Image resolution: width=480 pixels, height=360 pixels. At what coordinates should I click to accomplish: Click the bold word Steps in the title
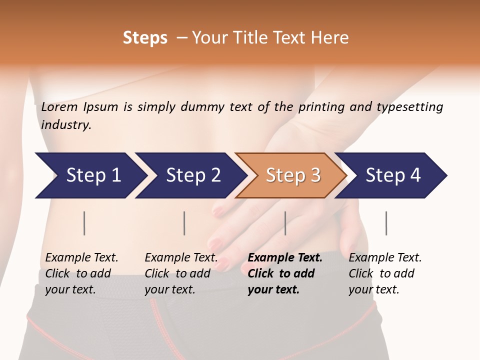145,38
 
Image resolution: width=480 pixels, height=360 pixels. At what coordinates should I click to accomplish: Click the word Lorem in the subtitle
59,106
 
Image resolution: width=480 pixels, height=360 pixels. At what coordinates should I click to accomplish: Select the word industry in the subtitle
66,125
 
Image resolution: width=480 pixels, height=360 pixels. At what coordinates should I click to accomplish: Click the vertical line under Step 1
84,223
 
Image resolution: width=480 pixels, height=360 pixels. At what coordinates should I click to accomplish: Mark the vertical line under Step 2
184,223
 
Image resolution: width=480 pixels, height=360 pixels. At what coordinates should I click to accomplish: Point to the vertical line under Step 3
285,223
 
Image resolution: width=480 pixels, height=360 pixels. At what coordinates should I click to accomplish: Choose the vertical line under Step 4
386,223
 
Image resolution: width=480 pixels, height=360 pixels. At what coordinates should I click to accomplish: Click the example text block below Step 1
81,273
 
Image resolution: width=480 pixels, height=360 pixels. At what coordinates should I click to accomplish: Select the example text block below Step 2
181,273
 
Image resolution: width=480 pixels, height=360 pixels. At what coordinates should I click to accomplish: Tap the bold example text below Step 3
285,273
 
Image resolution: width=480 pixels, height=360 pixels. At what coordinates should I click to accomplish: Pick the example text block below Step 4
385,273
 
